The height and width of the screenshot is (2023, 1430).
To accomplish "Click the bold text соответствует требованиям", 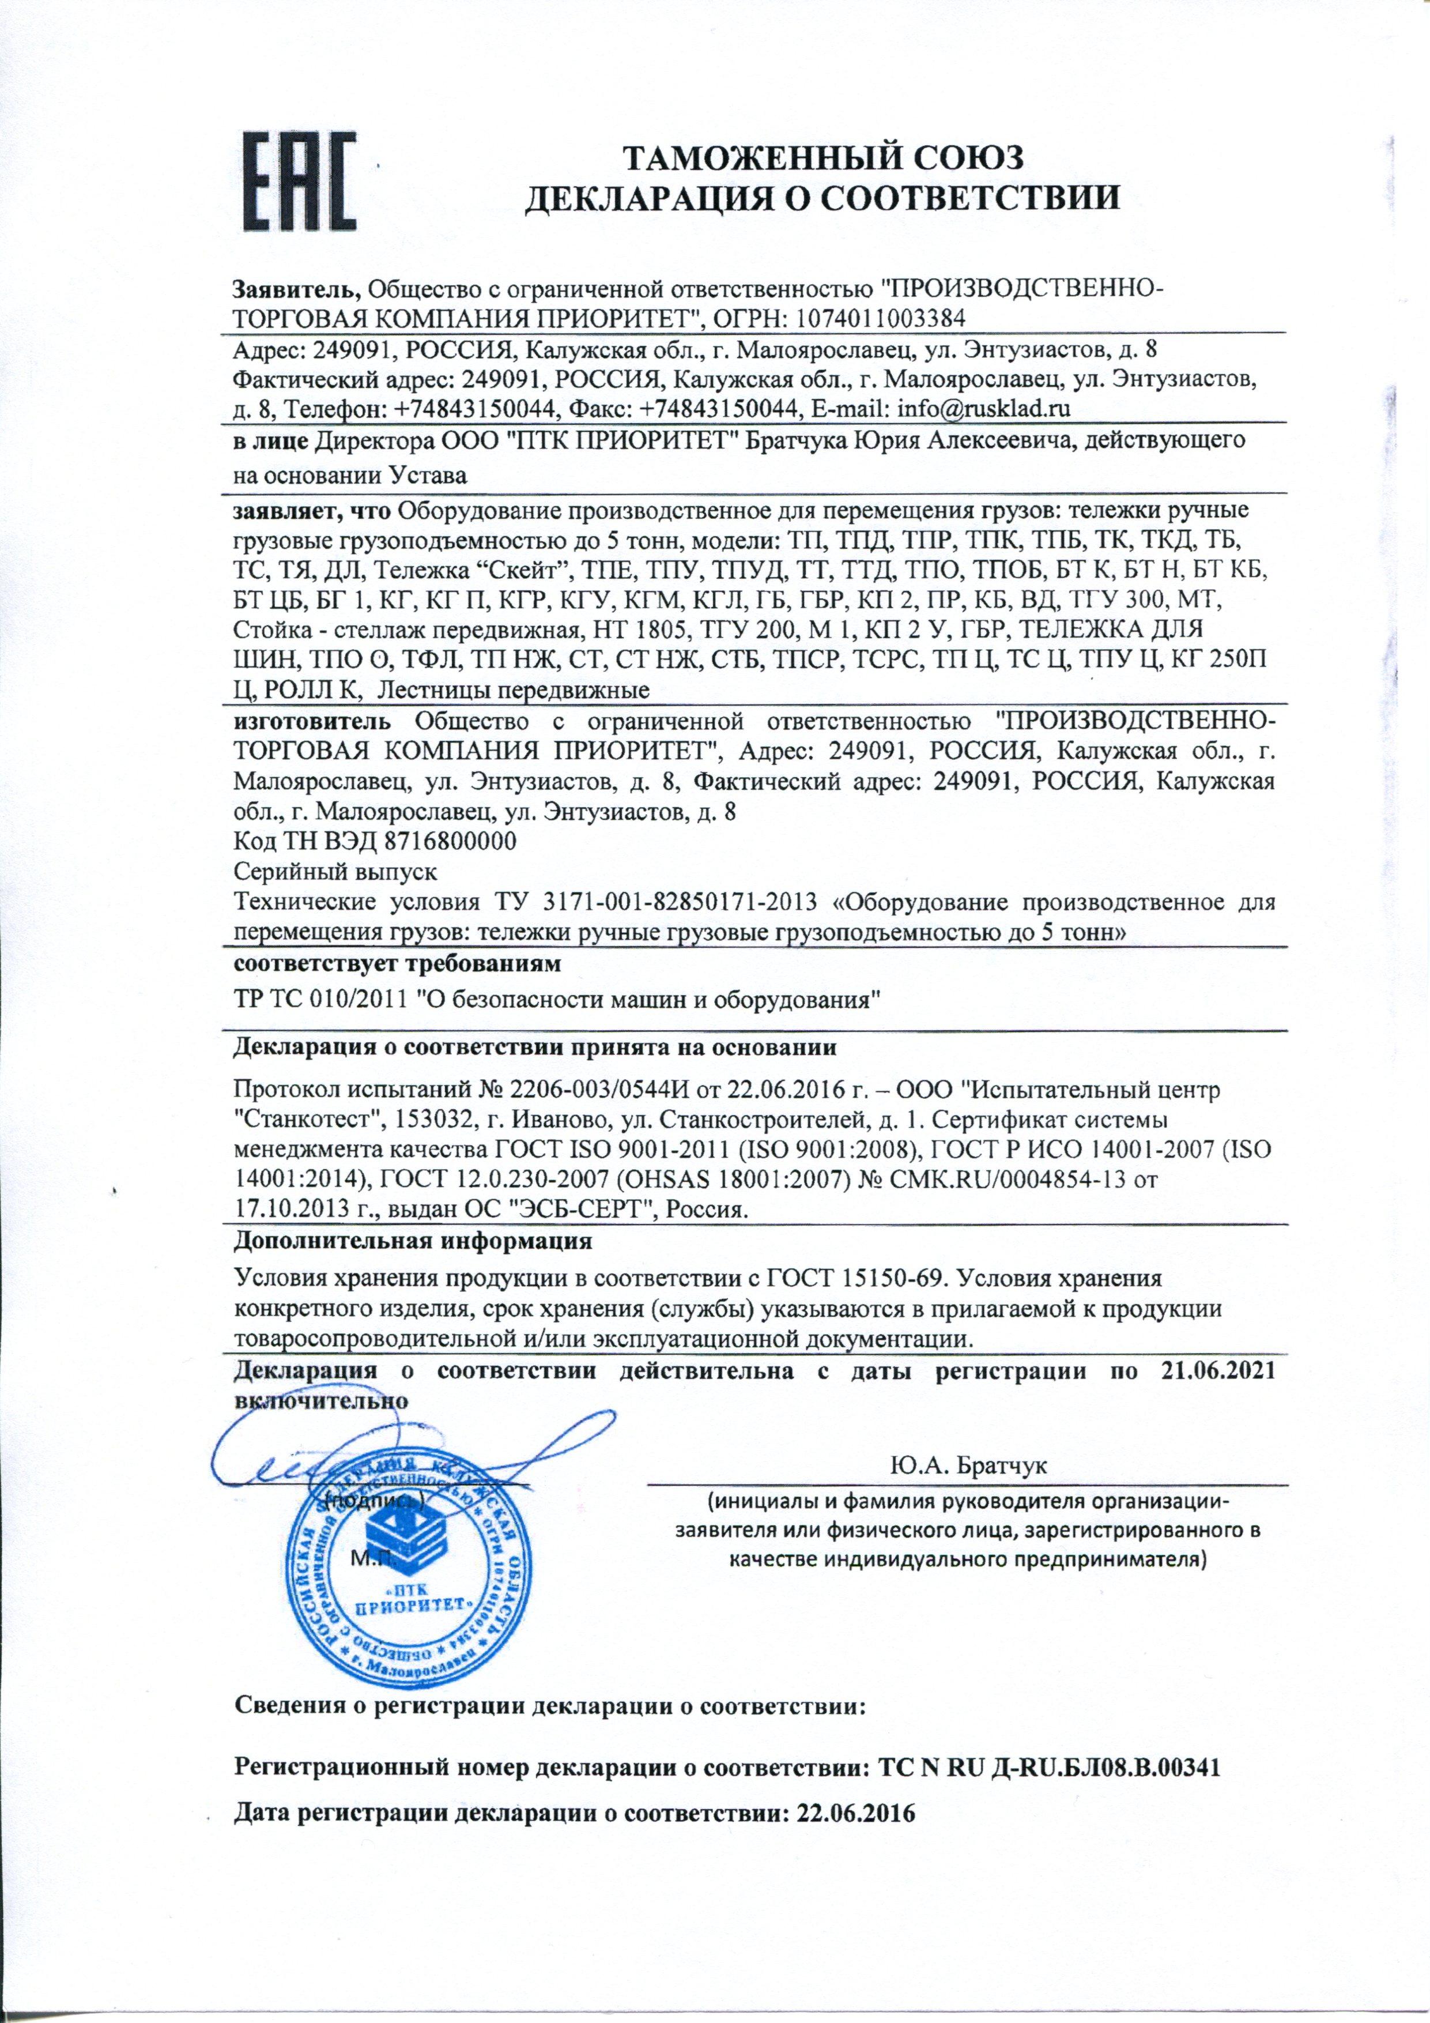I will [397, 965].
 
